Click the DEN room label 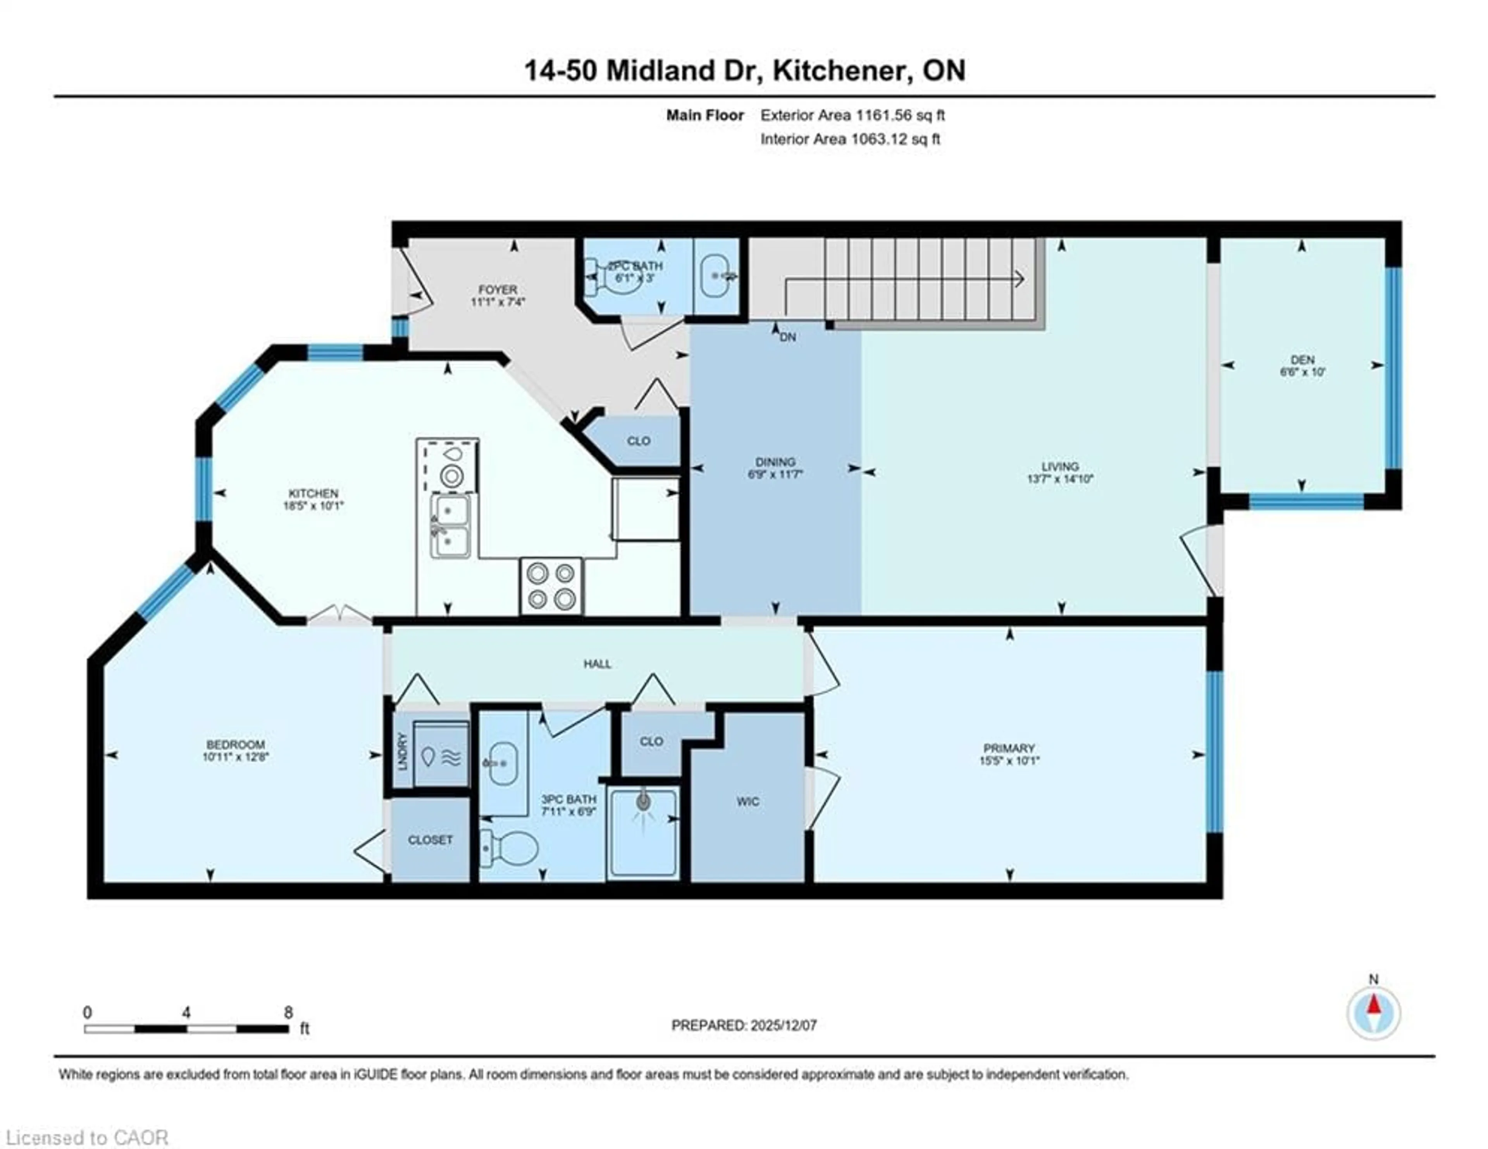tap(1302, 359)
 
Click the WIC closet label tap(747, 801)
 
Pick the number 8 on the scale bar tap(289, 1012)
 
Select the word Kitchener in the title tap(842, 71)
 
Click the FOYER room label tap(498, 290)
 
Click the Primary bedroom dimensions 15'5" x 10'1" tap(1009, 761)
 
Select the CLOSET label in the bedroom tap(430, 840)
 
